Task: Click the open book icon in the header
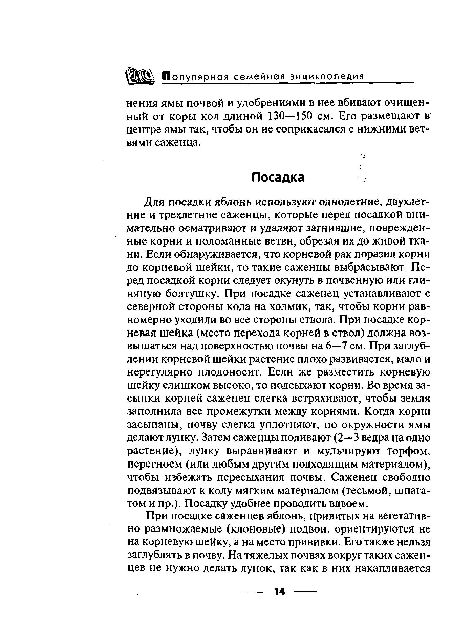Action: pyautogui.click(x=140, y=76)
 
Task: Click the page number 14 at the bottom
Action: pyautogui.click(x=279, y=592)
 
